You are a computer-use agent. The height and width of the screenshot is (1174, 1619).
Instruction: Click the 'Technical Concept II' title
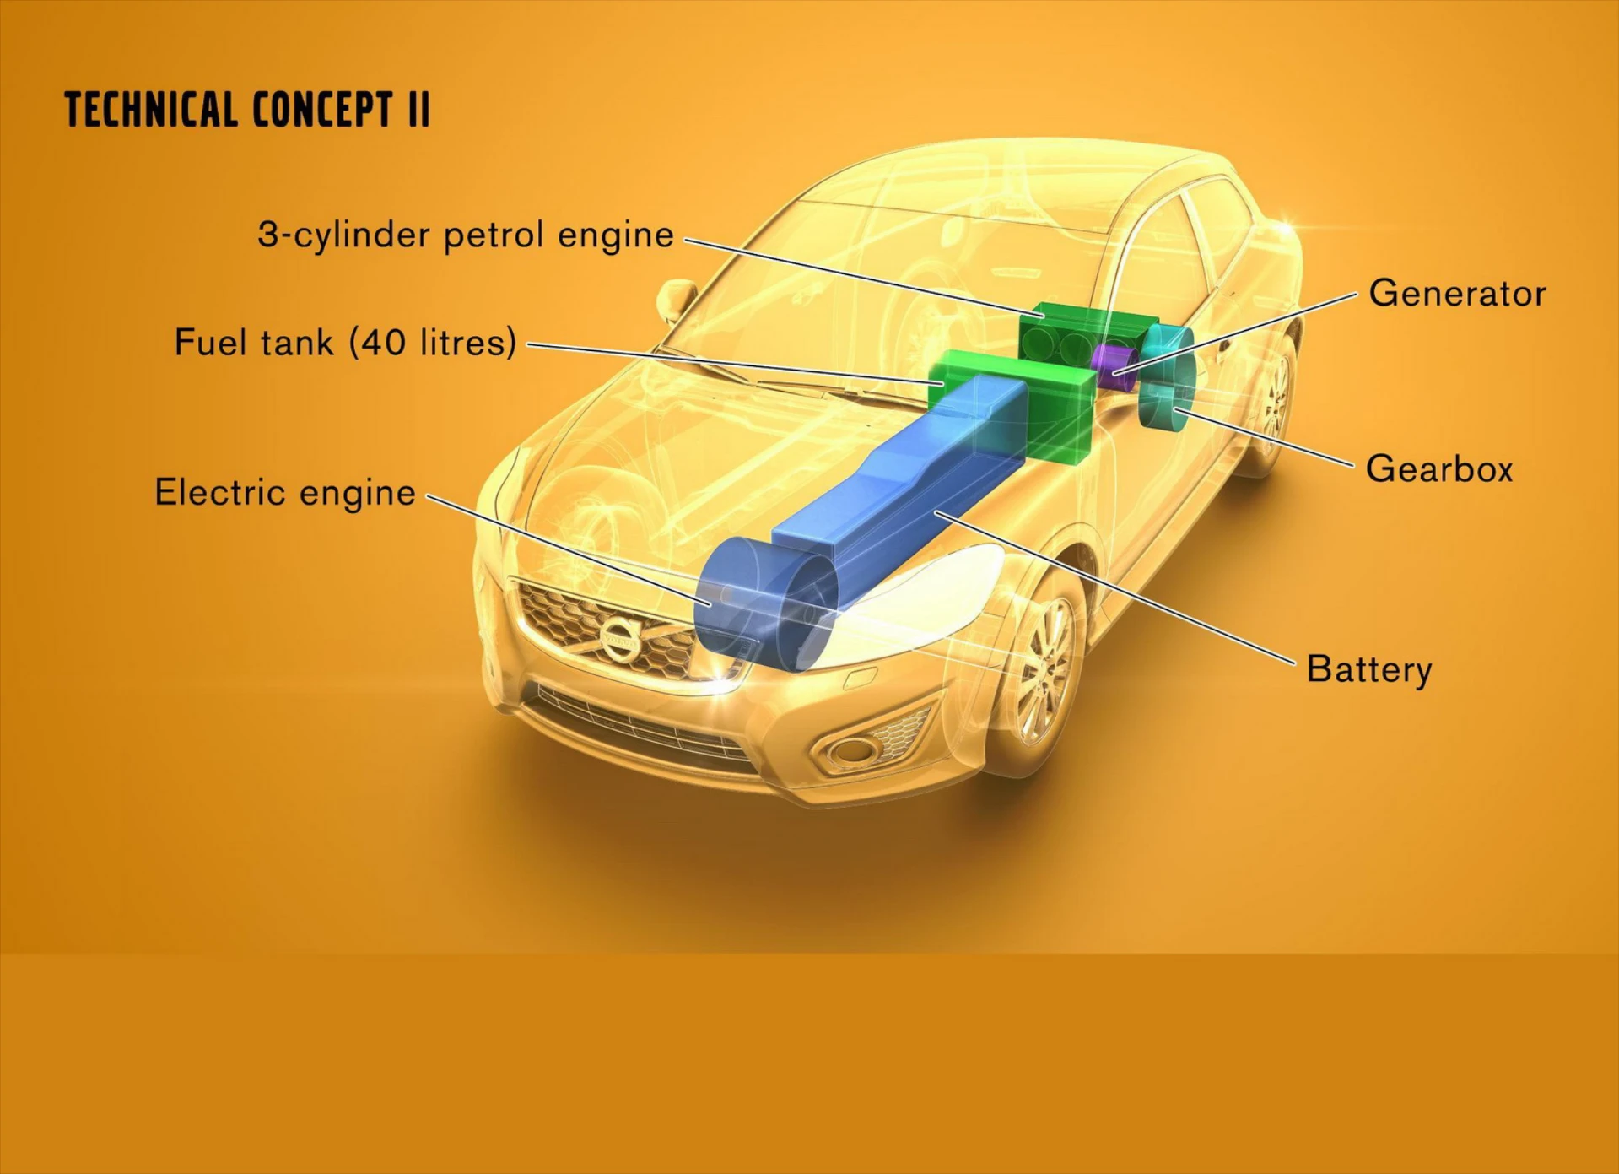click(x=247, y=109)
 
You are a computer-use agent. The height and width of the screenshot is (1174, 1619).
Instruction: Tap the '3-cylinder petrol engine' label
click(x=466, y=235)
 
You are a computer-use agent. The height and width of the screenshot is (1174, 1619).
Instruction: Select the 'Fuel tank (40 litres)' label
click(x=345, y=343)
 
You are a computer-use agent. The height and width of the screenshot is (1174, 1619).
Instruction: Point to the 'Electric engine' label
click(x=285, y=493)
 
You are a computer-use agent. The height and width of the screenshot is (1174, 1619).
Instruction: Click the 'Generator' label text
click(x=1457, y=294)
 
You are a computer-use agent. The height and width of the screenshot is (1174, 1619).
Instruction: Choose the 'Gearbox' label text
click(x=1439, y=469)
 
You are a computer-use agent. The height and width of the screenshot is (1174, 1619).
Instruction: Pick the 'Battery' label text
click(x=1369, y=669)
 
